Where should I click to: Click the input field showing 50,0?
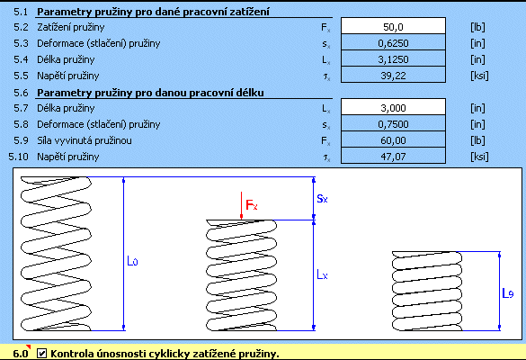tap(393, 26)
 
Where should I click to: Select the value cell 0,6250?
tap(393, 42)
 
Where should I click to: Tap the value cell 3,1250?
tap(393, 58)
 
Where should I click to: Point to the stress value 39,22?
tap(393, 75)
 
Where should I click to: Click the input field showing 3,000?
tap(393, 107)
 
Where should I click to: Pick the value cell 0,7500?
tap(393, 123)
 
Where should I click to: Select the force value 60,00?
tap(393, 139)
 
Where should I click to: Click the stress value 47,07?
tap(393, 156)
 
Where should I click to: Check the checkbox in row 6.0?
tap(41, 353)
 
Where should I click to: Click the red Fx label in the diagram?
tap(252, 204)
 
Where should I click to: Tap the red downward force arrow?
tap(241, 205)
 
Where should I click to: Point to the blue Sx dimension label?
tap(322, 199)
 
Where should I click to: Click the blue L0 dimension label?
tap(132, 261)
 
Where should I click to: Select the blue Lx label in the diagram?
tap(322, 275)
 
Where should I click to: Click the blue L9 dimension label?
tap(507, 293)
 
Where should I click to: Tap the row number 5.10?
tap(19, 157)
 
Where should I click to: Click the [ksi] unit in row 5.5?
tap(479, 76)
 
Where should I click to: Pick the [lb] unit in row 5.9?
tap(477, 140)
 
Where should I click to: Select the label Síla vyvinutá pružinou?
tap(85, 140)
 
